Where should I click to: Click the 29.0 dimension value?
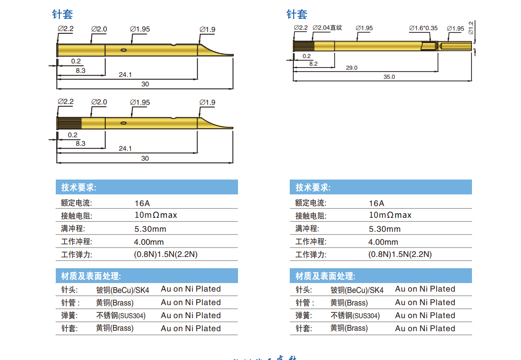click(352, 68)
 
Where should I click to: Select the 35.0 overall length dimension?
click(389, 77)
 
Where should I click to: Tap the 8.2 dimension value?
click(313, 64)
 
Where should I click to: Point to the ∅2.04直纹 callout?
click(327, 28)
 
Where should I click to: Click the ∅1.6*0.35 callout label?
click(423, 28)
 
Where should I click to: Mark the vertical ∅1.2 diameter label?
click(471, 28)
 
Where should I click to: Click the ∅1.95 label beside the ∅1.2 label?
click(455, 29)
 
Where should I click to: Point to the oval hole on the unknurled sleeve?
click(123, 50)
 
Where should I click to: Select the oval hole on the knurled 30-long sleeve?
click(123, 123)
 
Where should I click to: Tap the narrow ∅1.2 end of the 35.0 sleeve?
click(455, 45)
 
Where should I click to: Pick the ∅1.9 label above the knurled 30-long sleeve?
click(207, 103)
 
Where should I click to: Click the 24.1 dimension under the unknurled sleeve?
click(125, 75)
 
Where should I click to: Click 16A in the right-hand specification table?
click(377, 203)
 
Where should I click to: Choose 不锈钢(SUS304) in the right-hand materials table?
click(355, 315)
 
